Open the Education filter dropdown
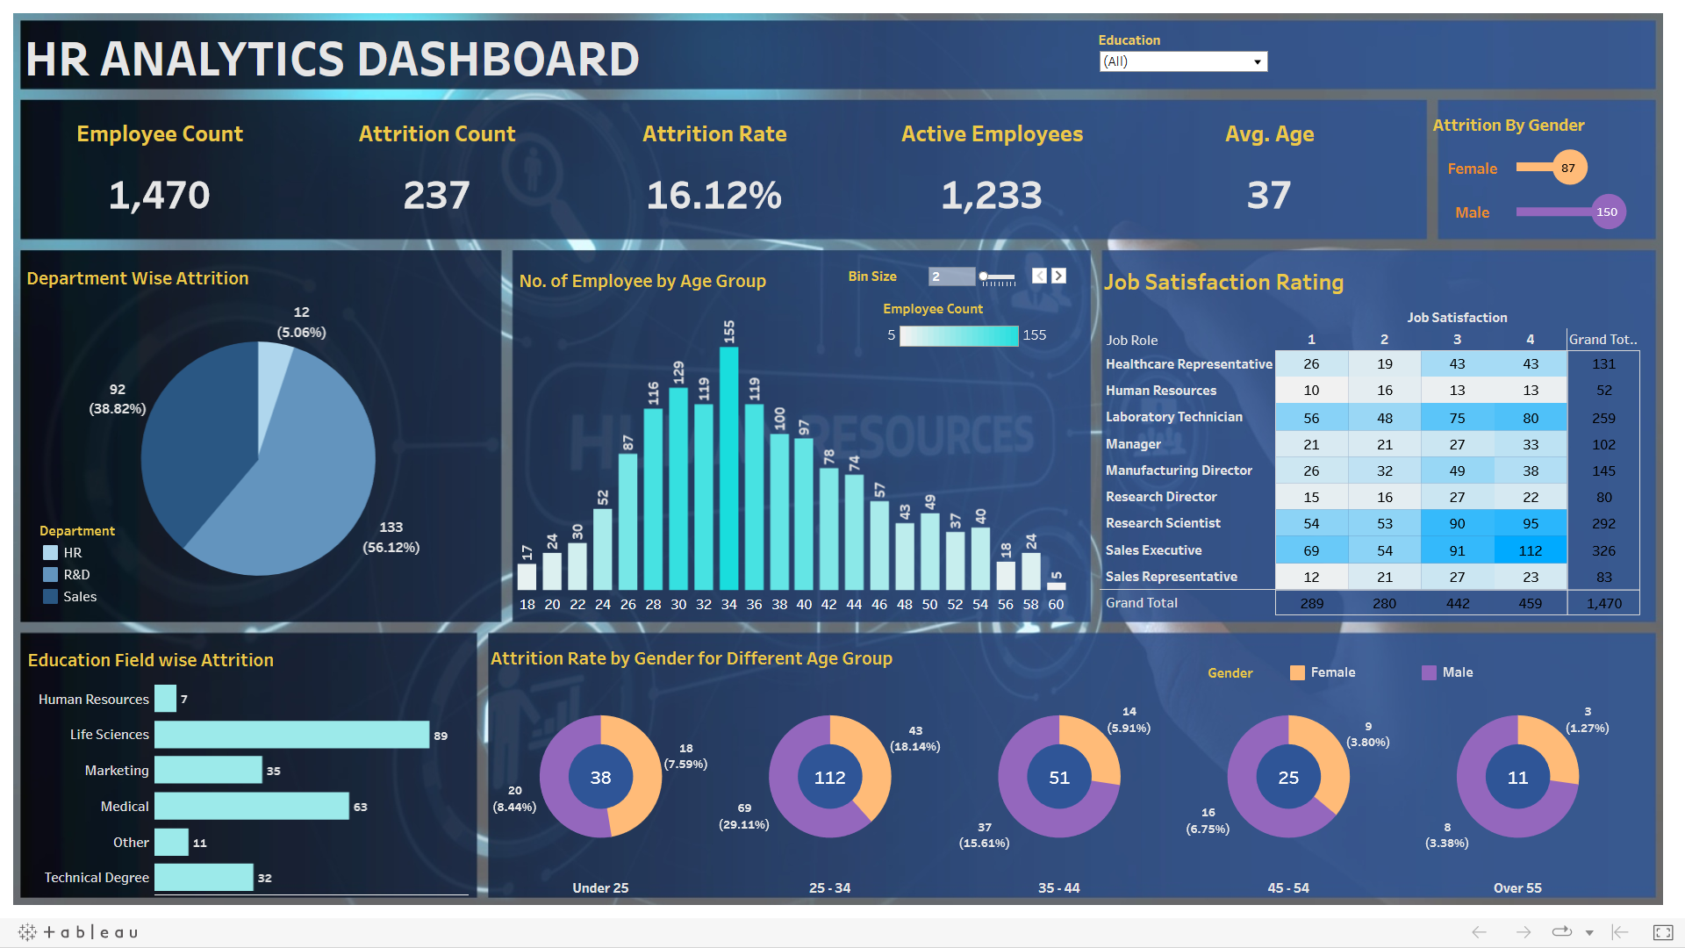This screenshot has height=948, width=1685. [x=1182, y=61]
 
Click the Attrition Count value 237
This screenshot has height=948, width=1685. [x=436, y=195]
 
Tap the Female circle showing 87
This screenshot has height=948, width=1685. [x=1568, y=168]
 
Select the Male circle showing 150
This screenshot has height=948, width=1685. [x=1607, y=212]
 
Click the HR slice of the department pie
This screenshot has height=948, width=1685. [x=273, y=386]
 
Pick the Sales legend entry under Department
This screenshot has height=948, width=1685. [x=79, y=597]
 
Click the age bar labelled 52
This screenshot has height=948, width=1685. [x=602, y=548]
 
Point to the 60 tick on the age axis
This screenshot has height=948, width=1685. [x=1056, y=605]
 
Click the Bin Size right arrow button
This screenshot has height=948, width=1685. [x=1059, y=276]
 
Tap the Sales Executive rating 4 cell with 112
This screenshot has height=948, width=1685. [x=1530, y=550]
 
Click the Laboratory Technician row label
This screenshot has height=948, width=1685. [x=1173, y=417]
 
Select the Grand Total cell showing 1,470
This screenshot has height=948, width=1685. [x=1603, y=603]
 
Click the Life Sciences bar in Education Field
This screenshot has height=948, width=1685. [x=291, y=735]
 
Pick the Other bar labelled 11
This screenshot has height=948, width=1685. [x=171, y=842]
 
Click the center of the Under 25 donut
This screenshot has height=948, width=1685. [x=600, y=777]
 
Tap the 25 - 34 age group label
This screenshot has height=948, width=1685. [x=829, y=887]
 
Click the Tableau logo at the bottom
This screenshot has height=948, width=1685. [x=79, y=932]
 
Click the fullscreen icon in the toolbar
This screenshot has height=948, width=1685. [x=1662, y=932]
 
